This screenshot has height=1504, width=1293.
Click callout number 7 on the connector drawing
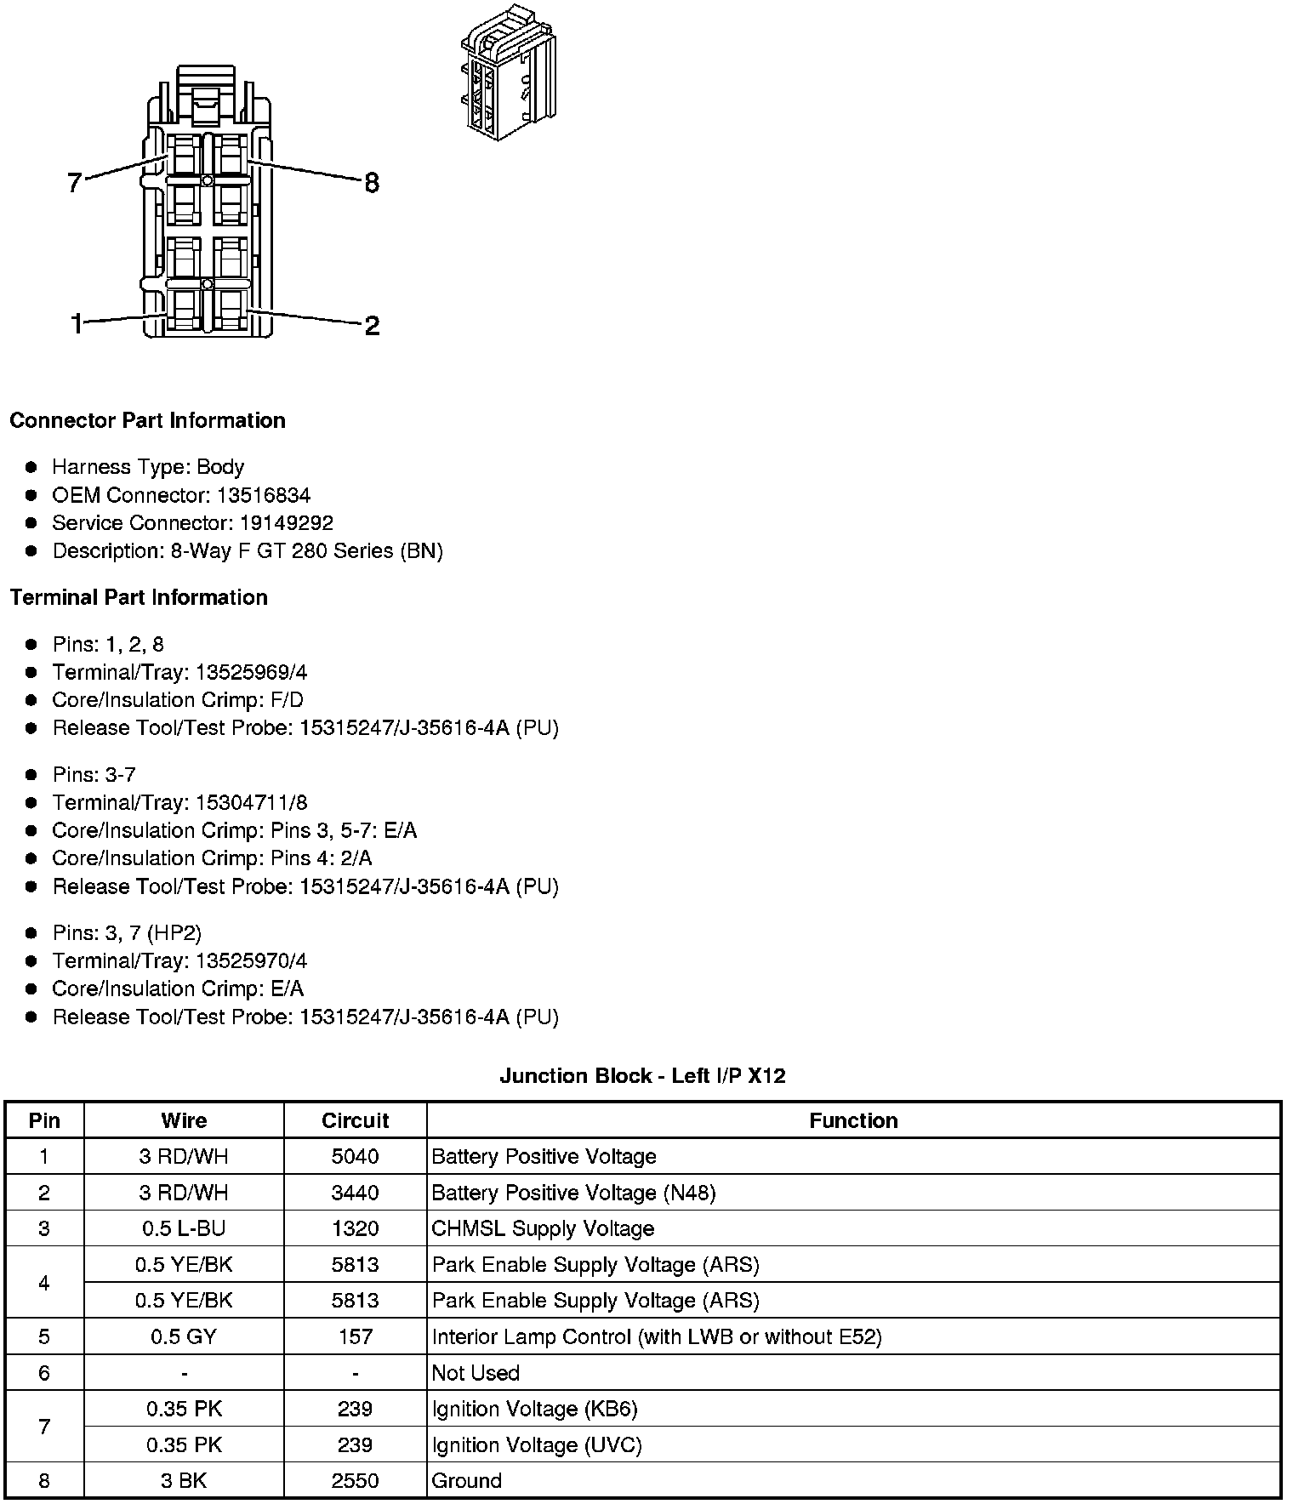tap(75, 182)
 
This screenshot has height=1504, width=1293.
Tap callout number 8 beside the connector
tap(372, 183)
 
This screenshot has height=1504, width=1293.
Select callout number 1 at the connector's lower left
tap(77, 323)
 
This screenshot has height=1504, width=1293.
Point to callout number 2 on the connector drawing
tap(372, 325)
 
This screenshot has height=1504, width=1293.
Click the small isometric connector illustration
tap(509, 74)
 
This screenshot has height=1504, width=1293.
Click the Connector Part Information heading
tap(147, 421)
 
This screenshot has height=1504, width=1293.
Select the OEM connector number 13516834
tap(264, 495)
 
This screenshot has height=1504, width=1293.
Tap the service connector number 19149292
tap(287, 523)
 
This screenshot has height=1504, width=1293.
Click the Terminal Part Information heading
tap(139, 598)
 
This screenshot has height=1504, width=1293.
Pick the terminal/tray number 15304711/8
tap(252, 802)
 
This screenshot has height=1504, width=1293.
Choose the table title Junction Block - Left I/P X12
tap(642, 1076)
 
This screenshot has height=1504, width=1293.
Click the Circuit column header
tap(355, 1121)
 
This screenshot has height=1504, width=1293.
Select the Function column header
tap(853, 1121)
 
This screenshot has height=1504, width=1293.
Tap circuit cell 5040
tap(355, 1157)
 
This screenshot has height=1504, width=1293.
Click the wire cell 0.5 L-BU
tap(184, 1228)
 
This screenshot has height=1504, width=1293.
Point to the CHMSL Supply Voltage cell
tap(543, 1228)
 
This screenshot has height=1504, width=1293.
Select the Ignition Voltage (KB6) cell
tap(534, 1409)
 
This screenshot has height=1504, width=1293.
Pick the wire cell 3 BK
tap(184, 1480)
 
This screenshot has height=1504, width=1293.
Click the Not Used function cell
tap(476, 1373)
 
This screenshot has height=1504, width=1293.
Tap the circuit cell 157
tap(355, 1336)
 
